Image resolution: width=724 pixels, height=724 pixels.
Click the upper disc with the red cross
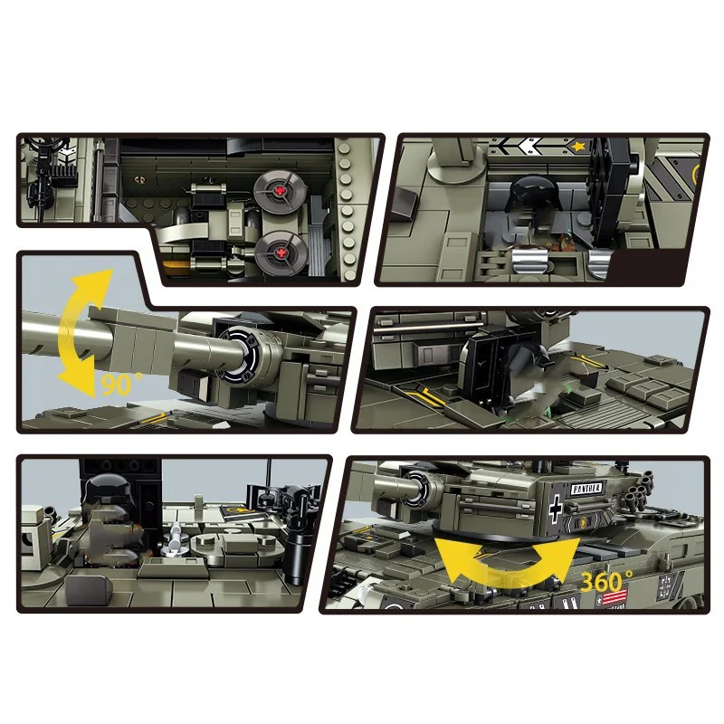[x=277, y=192]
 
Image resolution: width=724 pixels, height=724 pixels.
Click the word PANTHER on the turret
[x=587, y=489]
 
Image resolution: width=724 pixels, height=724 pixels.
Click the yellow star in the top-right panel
[x=578, y=144]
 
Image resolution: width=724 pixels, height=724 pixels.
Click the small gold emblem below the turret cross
[x=570, y=522]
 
